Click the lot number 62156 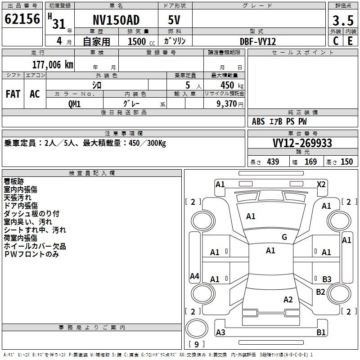click(22, 19)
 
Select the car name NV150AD click(116, 20)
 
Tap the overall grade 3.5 click(343, 20)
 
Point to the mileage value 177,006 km click(53, 65)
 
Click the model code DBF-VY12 click(258, 41)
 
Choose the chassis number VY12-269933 click(302, 143)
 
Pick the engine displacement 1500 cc click(141, 41)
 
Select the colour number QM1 click(74, 104)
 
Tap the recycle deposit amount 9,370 click(227, 104)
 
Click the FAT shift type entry click(13, 94)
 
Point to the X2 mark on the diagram click(321, 184)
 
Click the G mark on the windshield click(284, 237)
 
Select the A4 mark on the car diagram click(194, 276)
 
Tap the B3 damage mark click(327, 279)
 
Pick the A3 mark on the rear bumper click(220, 332)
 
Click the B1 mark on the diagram click(321, 332)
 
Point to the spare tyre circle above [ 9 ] click(197, 328)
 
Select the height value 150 click(346, 162)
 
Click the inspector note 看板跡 click(14, 181)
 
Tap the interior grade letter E click(350, 41)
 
